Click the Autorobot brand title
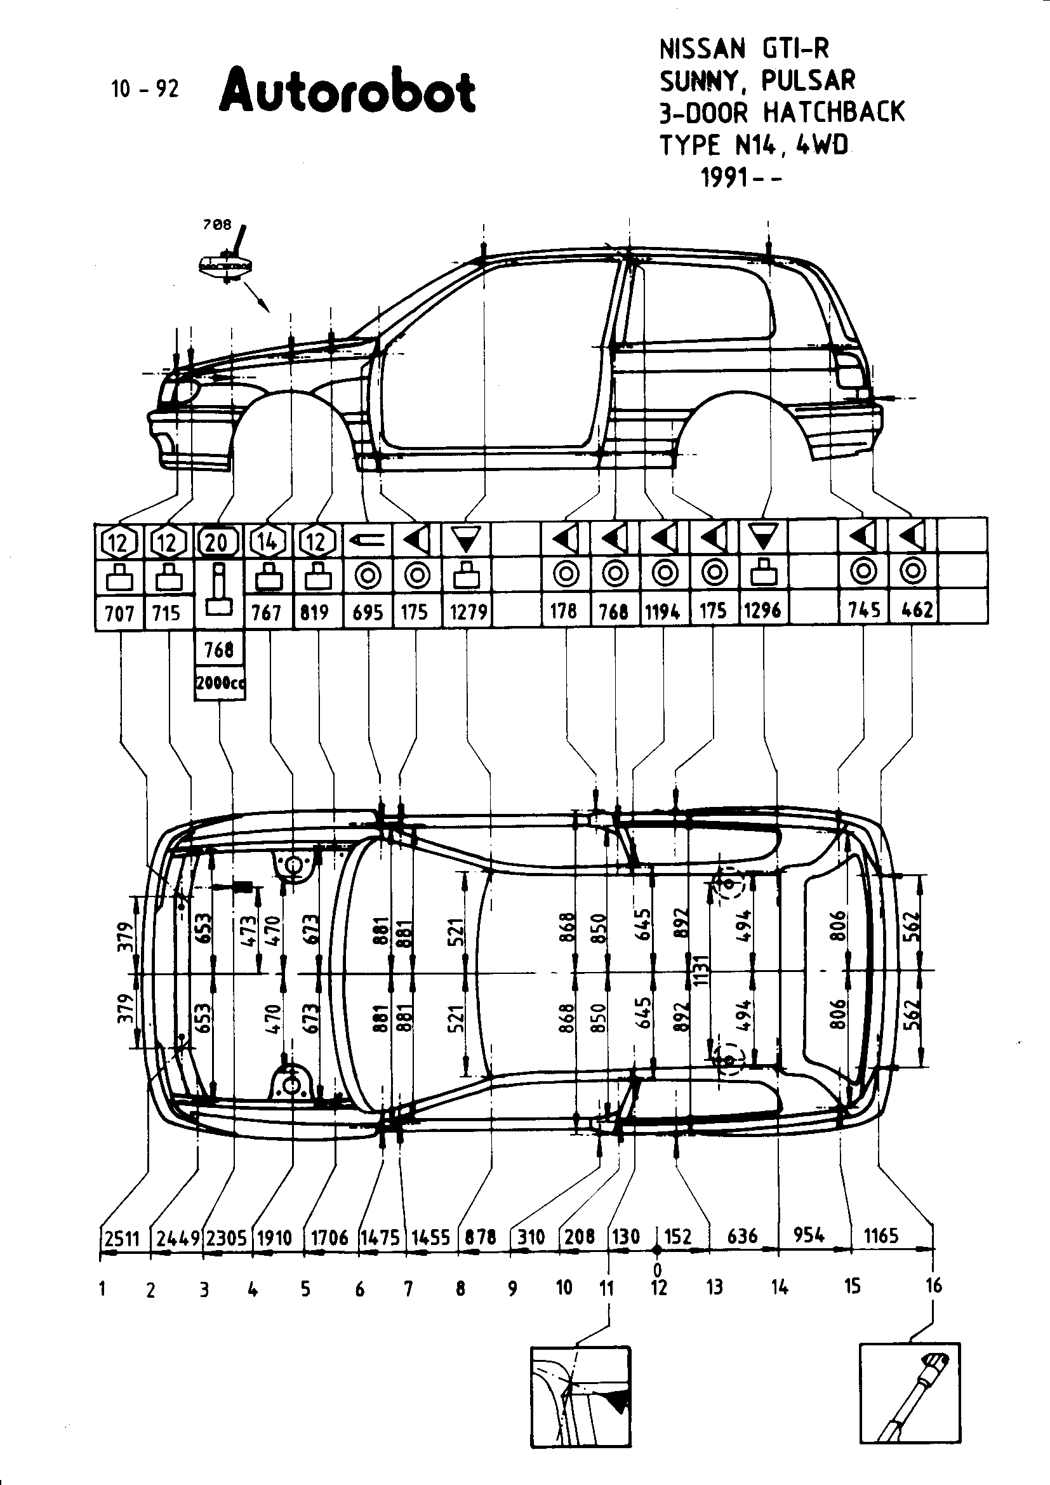tap(348, 91)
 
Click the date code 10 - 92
tap(144, 89)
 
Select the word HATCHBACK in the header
tap(834, 112)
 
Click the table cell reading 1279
tap(468, 611)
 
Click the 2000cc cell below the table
tap(220, 683)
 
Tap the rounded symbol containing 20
tap(217, 542)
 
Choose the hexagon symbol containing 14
tap(267, 542)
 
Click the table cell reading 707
tap(119, 613)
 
